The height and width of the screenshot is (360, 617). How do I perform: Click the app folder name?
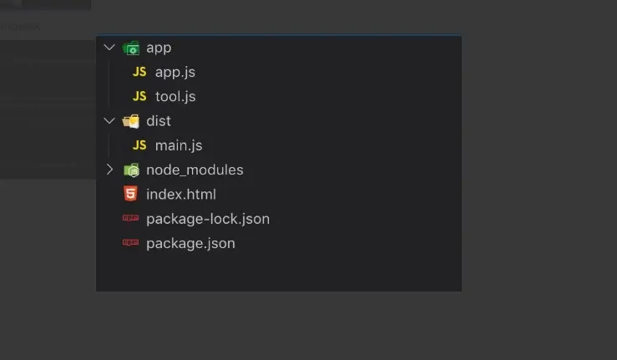pos(159,48)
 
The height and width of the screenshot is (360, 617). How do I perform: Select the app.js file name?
pos(174,72)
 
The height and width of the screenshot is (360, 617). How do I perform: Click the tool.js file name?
pos(175,96)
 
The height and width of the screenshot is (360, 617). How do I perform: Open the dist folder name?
pos(159,121)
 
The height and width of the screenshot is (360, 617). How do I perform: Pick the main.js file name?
pos(179,145)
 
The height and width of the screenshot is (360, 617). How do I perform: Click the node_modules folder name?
pos(195,170)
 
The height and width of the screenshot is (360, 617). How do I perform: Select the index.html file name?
pos(180,194)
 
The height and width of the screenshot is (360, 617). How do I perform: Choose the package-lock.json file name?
pos(207,219)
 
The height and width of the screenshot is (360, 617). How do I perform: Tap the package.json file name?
pos(190,243)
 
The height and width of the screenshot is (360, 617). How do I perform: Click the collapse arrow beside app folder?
pos(109,48)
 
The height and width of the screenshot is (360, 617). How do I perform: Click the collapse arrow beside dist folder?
pos(109,121)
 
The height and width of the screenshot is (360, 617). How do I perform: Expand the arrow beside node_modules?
pos(109,170)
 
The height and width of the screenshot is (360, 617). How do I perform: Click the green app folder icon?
pos(131,48)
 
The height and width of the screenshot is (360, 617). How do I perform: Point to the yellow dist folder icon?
pos(131,121)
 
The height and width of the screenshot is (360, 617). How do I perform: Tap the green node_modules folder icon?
pos(131,170)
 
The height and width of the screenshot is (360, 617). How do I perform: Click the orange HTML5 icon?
pos(130,194)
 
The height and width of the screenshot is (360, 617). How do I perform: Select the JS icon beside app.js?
pos(139,72)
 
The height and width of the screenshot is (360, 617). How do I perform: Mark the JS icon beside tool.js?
pos(139,96)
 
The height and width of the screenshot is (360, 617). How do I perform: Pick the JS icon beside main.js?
pos(139,145)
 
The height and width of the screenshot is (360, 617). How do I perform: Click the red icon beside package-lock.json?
pos(130,219)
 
